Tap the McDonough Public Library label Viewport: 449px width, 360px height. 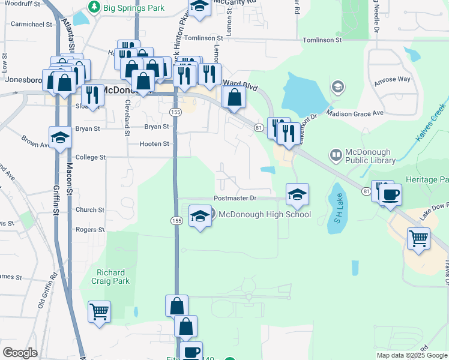point(369,156)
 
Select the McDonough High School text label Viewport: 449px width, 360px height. point(264,214)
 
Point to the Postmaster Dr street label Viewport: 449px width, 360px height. point(235,198)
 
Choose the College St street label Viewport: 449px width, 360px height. point(90,157)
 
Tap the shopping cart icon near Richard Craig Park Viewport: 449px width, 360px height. point(99,311)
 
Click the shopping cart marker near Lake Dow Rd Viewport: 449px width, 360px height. point(418,238)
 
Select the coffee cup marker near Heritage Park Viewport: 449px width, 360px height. point(390,194)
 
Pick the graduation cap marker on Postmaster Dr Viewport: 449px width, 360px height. point(297,194)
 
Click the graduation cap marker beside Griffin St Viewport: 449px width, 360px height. point(60,137)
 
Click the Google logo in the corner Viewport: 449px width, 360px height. point(20,353)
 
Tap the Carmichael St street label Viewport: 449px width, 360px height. point(32,25)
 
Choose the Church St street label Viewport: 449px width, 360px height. point(90,210)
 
